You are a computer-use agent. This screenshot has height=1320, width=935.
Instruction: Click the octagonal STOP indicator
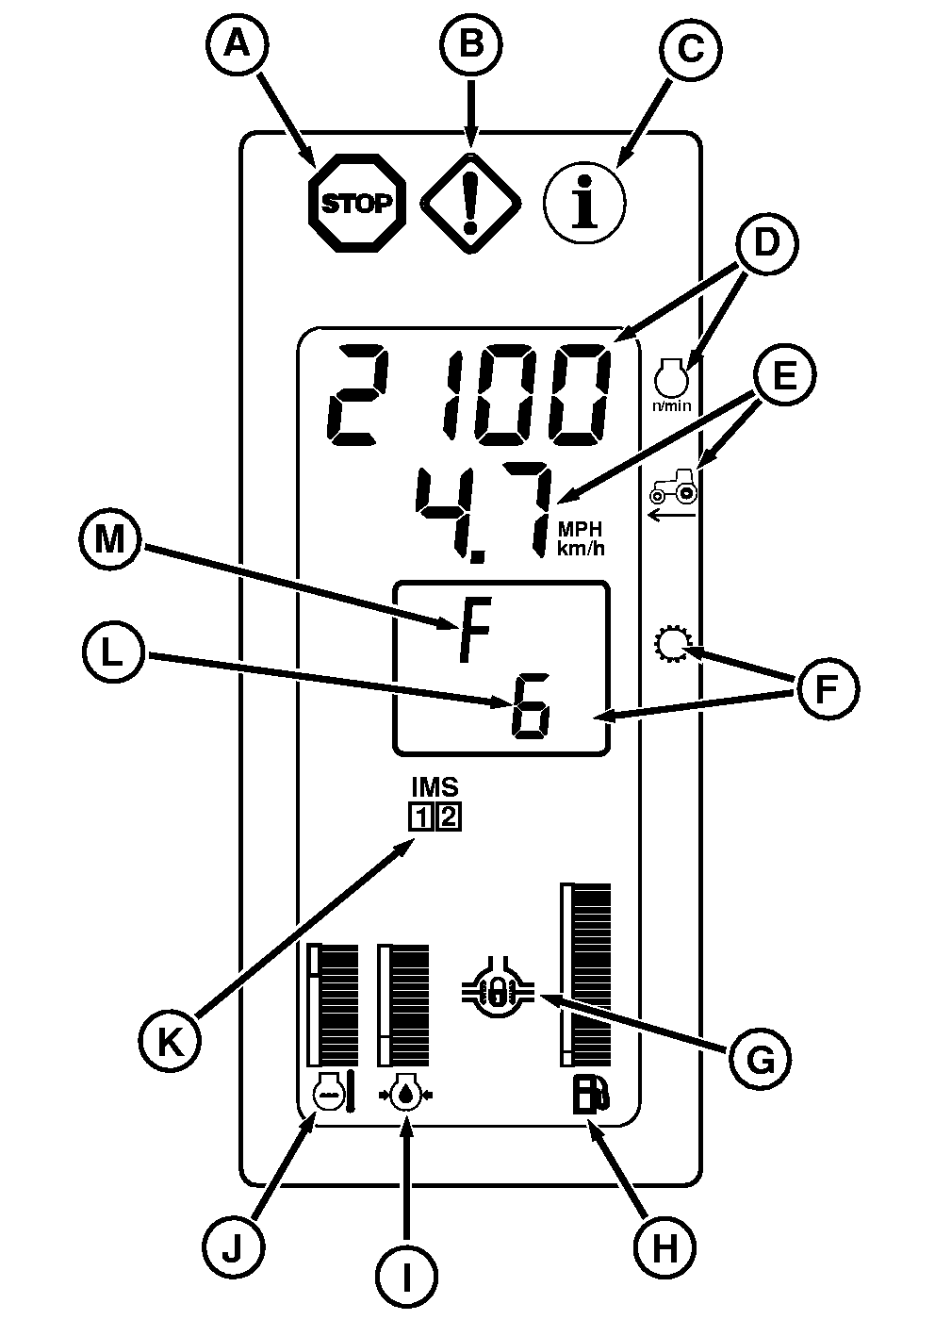click(x=357, y=203)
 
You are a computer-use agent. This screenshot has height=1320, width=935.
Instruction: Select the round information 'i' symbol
click(x=585, y=203)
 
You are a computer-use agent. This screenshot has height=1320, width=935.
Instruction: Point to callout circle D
click(x=765, y=243)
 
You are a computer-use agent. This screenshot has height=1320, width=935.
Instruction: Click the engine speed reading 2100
click(x=469, y=398)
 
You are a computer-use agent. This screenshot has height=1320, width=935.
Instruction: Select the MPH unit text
click(x=579, y=531)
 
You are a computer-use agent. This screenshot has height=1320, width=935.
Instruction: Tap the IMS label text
click(x=435, y=786)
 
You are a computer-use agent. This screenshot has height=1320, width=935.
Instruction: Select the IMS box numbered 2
click(x=449, y=817)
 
